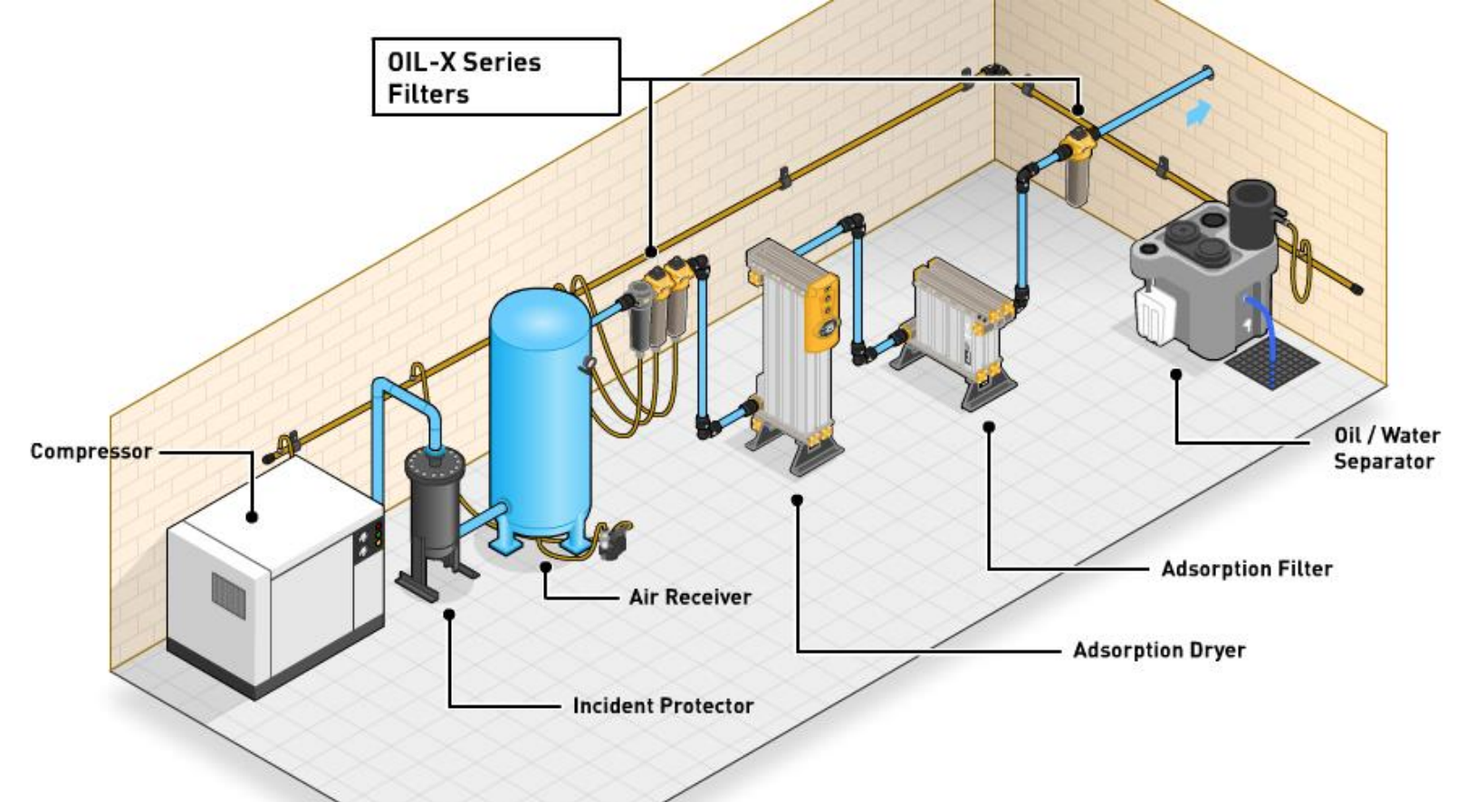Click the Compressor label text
point(91,451)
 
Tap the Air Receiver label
point(690,597)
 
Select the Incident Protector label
point(663,706)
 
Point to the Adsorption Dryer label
point(1159,650)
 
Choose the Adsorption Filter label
point(1247,569)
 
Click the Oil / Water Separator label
point(1385,448)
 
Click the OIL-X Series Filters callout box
point(496,77)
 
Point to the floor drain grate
point(1271,365)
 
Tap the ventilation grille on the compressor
point(228,594)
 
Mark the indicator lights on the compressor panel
point(377,536)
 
